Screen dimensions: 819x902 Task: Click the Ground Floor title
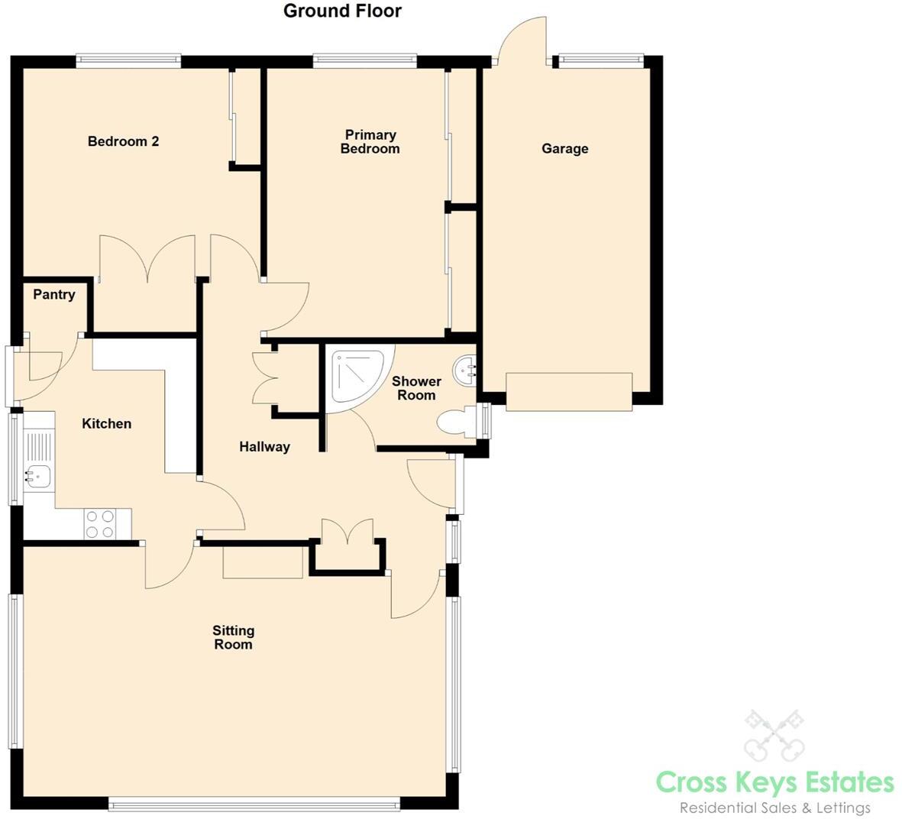point(342,11)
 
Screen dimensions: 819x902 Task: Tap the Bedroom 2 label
point(123,141)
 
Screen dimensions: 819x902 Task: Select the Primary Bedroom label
point(370,142)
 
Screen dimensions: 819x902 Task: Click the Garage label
point(564,149)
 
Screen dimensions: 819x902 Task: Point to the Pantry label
point(54,295)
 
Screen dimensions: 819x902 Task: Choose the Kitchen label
point(106,424)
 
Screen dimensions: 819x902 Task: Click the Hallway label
point(264,447)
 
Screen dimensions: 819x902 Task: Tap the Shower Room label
point(416,388)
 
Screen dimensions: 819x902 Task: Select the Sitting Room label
point(233,637)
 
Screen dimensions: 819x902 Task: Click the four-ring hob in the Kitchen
point(100,524)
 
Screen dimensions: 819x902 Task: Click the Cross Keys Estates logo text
point(774,782)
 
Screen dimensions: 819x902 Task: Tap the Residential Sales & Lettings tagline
point(774,808)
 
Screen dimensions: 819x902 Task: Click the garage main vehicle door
point(569,392)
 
